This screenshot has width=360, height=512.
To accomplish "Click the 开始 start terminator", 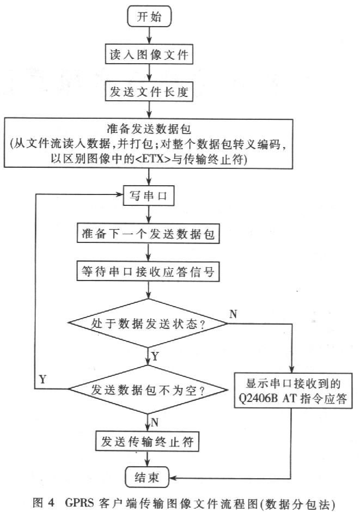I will click(x=149, y=16).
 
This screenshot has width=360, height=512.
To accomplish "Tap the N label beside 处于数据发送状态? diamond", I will click(x=233, y=314).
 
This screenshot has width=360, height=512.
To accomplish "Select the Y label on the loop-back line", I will click(x=42, y=377).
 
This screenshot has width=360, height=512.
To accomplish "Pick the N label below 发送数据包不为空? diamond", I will click(x=155, y=421).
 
